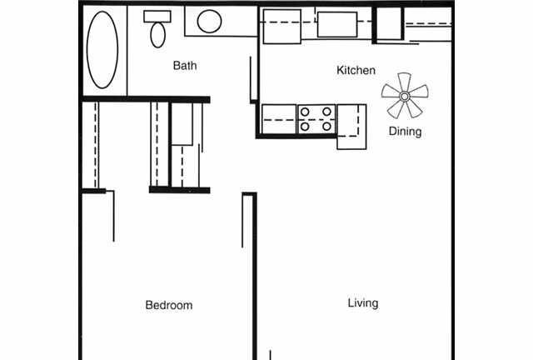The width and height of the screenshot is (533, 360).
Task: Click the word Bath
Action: pos(185,66)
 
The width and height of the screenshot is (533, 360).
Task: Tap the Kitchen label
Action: pos(356,71)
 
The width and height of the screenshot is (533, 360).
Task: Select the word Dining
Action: pos(405,132)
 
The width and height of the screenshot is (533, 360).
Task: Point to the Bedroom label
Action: pos(169,305)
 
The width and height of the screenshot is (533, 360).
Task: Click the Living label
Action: pos(363,303)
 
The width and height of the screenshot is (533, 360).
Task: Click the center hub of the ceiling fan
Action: pos(405,96)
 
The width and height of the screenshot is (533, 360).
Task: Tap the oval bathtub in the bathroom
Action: pos(102,50)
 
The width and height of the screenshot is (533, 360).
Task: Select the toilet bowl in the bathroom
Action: pos(157,35)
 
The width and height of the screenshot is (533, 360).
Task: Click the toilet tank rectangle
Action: pos(157,16)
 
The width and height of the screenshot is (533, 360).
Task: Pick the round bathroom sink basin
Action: pos(209,22)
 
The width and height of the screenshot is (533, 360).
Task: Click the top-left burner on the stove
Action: pos(306,111)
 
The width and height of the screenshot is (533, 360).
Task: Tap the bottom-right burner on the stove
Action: pos(326,127)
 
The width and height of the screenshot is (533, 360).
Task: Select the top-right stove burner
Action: pos(326,111)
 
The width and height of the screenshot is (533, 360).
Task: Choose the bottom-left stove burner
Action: pos(306,127)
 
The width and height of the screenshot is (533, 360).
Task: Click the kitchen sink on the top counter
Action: pos(336,25)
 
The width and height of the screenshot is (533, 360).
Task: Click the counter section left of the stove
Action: pos(279,118)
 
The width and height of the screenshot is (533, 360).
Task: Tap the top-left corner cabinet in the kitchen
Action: pos(281,25)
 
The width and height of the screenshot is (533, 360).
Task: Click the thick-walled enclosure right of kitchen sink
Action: pos(387,23)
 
